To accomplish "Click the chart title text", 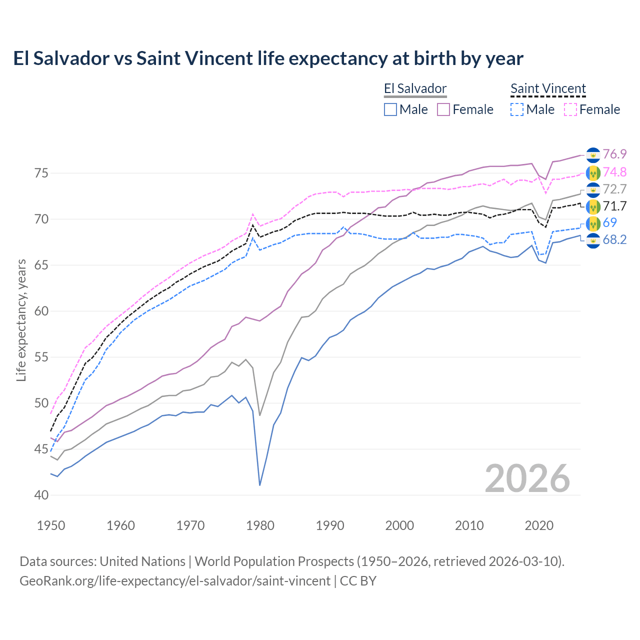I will pos(268,58).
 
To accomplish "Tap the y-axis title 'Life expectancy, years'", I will pos(21,320).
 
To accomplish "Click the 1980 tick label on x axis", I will pos(260,525).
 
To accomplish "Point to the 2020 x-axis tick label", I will pos(539,525).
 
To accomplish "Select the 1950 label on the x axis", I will pos(51,525).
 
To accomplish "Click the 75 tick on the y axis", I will pos(41,173).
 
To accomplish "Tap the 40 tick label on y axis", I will pos(41,495).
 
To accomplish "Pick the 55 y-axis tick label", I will pos(41,357).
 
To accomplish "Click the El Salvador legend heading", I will pos(415,89).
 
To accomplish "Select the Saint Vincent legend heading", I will pos(548,89).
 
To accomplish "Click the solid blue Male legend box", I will pos(390,109).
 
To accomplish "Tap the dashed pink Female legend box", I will pos(570,109).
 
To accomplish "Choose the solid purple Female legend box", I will pos(443,109).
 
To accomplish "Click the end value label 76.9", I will pos(614,154).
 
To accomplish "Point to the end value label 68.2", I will pos(614,240).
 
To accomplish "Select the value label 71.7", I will pos(614,206).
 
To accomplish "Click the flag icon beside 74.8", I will pos(593,172).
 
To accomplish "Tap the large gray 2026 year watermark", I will pos(527,478).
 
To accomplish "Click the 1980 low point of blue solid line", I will pos(260,485).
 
